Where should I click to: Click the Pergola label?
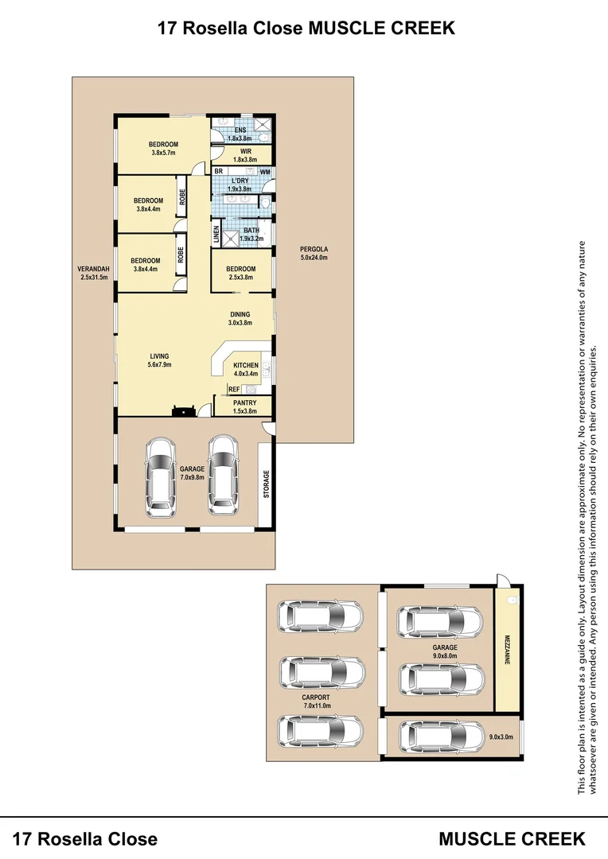point(314,253)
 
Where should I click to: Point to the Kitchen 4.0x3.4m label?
point(246,369)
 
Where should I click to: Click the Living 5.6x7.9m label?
point(158,360)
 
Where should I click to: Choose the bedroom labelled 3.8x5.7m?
point(163,148)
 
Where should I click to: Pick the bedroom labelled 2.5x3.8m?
point(240,273)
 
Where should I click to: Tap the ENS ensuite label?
point(240,134)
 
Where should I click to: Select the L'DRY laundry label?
point(240,185)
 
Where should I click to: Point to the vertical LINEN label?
point(216,235)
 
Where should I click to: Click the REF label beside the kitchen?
point(234,389)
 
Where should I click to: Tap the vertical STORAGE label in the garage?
point(267,484)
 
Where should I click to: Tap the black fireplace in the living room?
point(184,411)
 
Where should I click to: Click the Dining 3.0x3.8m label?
point(240,318)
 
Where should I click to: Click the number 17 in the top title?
point(167,28)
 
